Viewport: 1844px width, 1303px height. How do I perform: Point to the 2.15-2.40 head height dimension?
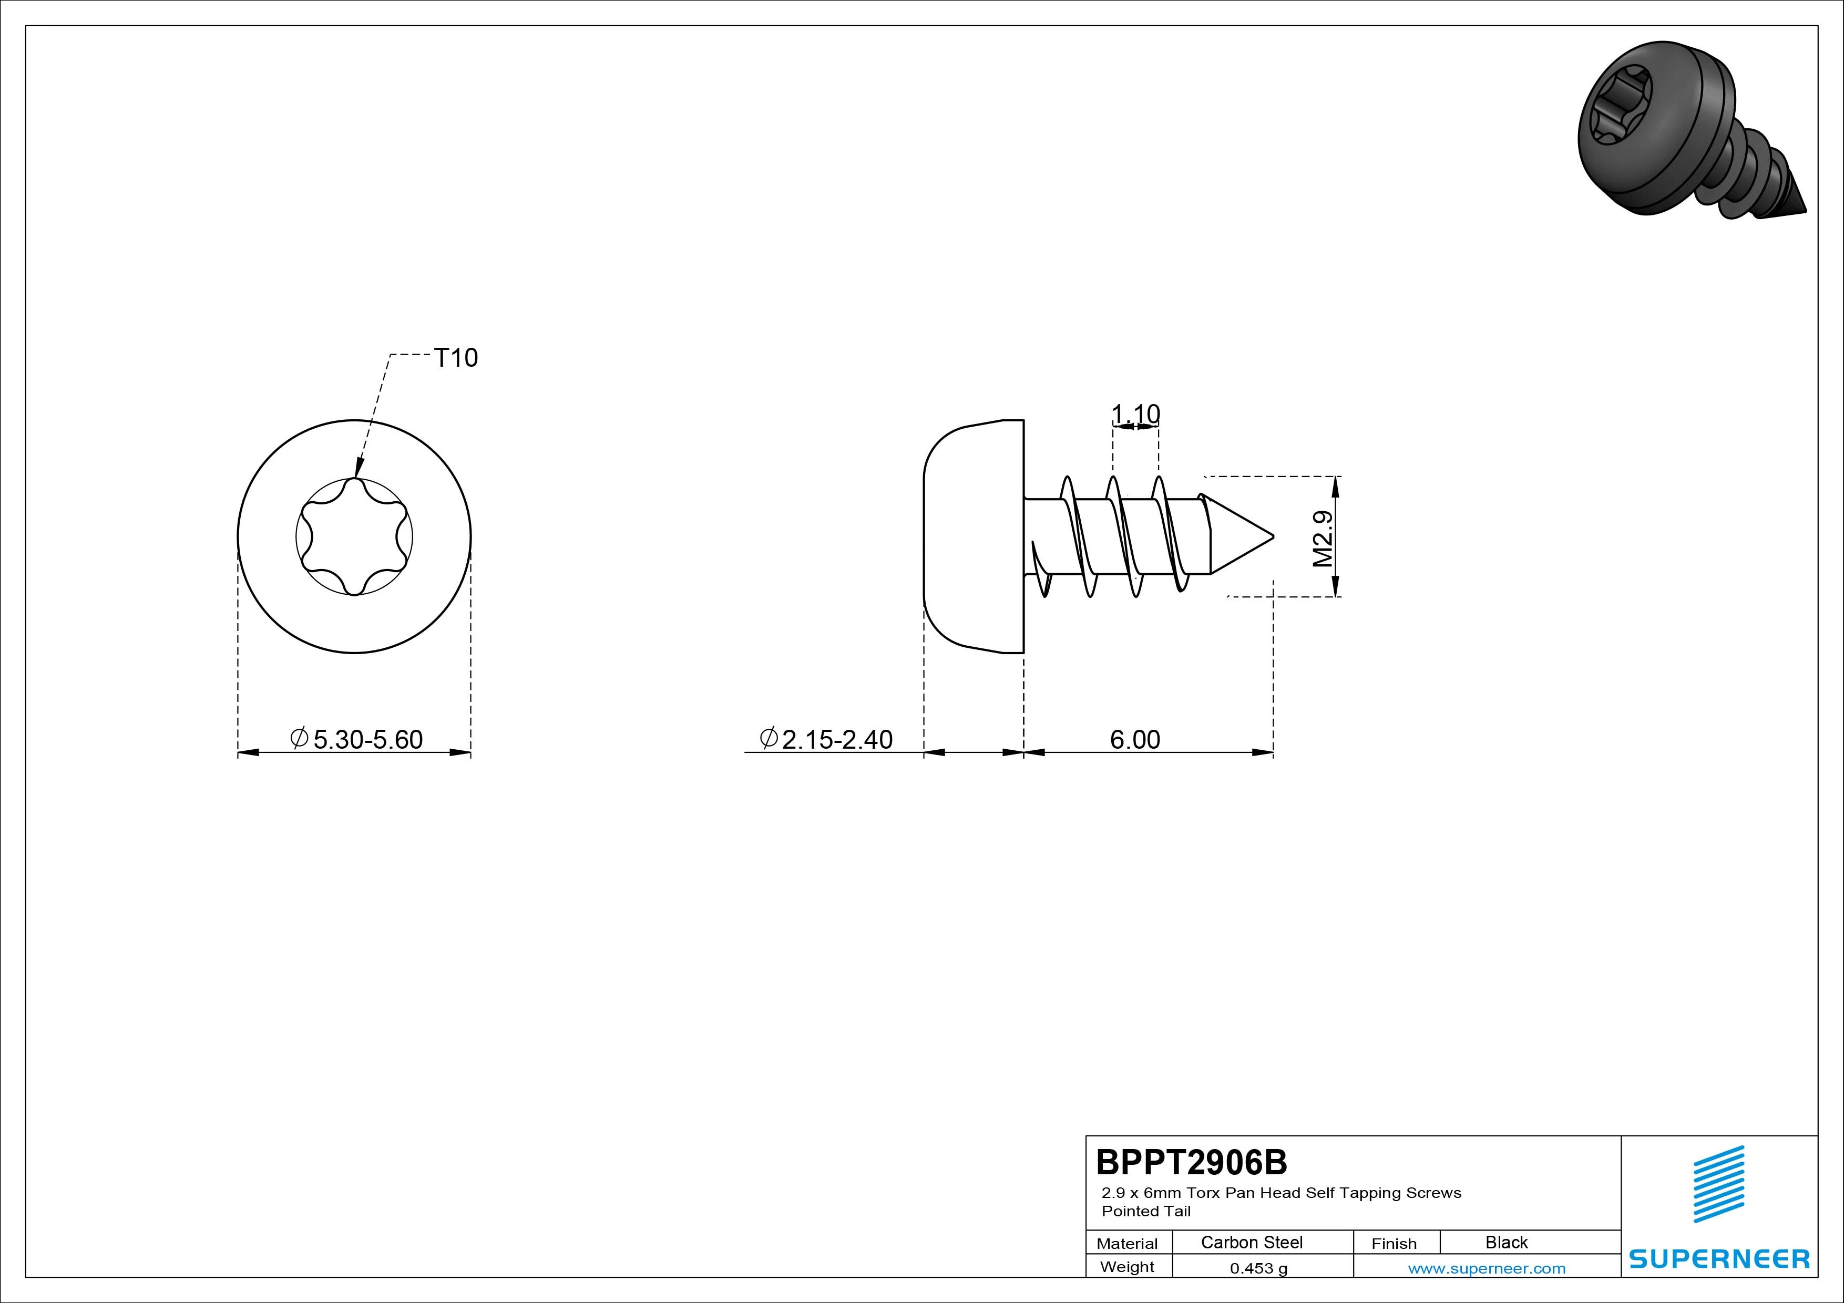[826, 739]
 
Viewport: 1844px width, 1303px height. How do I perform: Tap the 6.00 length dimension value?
[1135, 739]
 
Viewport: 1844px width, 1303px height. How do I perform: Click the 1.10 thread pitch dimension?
[1135, 413]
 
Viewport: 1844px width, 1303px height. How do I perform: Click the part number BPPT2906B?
[1192, 1162]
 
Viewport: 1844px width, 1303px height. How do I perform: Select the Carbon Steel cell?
[1251, 1242]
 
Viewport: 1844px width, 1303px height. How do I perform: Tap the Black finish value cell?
[1506, 1242]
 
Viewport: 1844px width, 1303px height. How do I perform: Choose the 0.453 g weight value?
[1258, 1268]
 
